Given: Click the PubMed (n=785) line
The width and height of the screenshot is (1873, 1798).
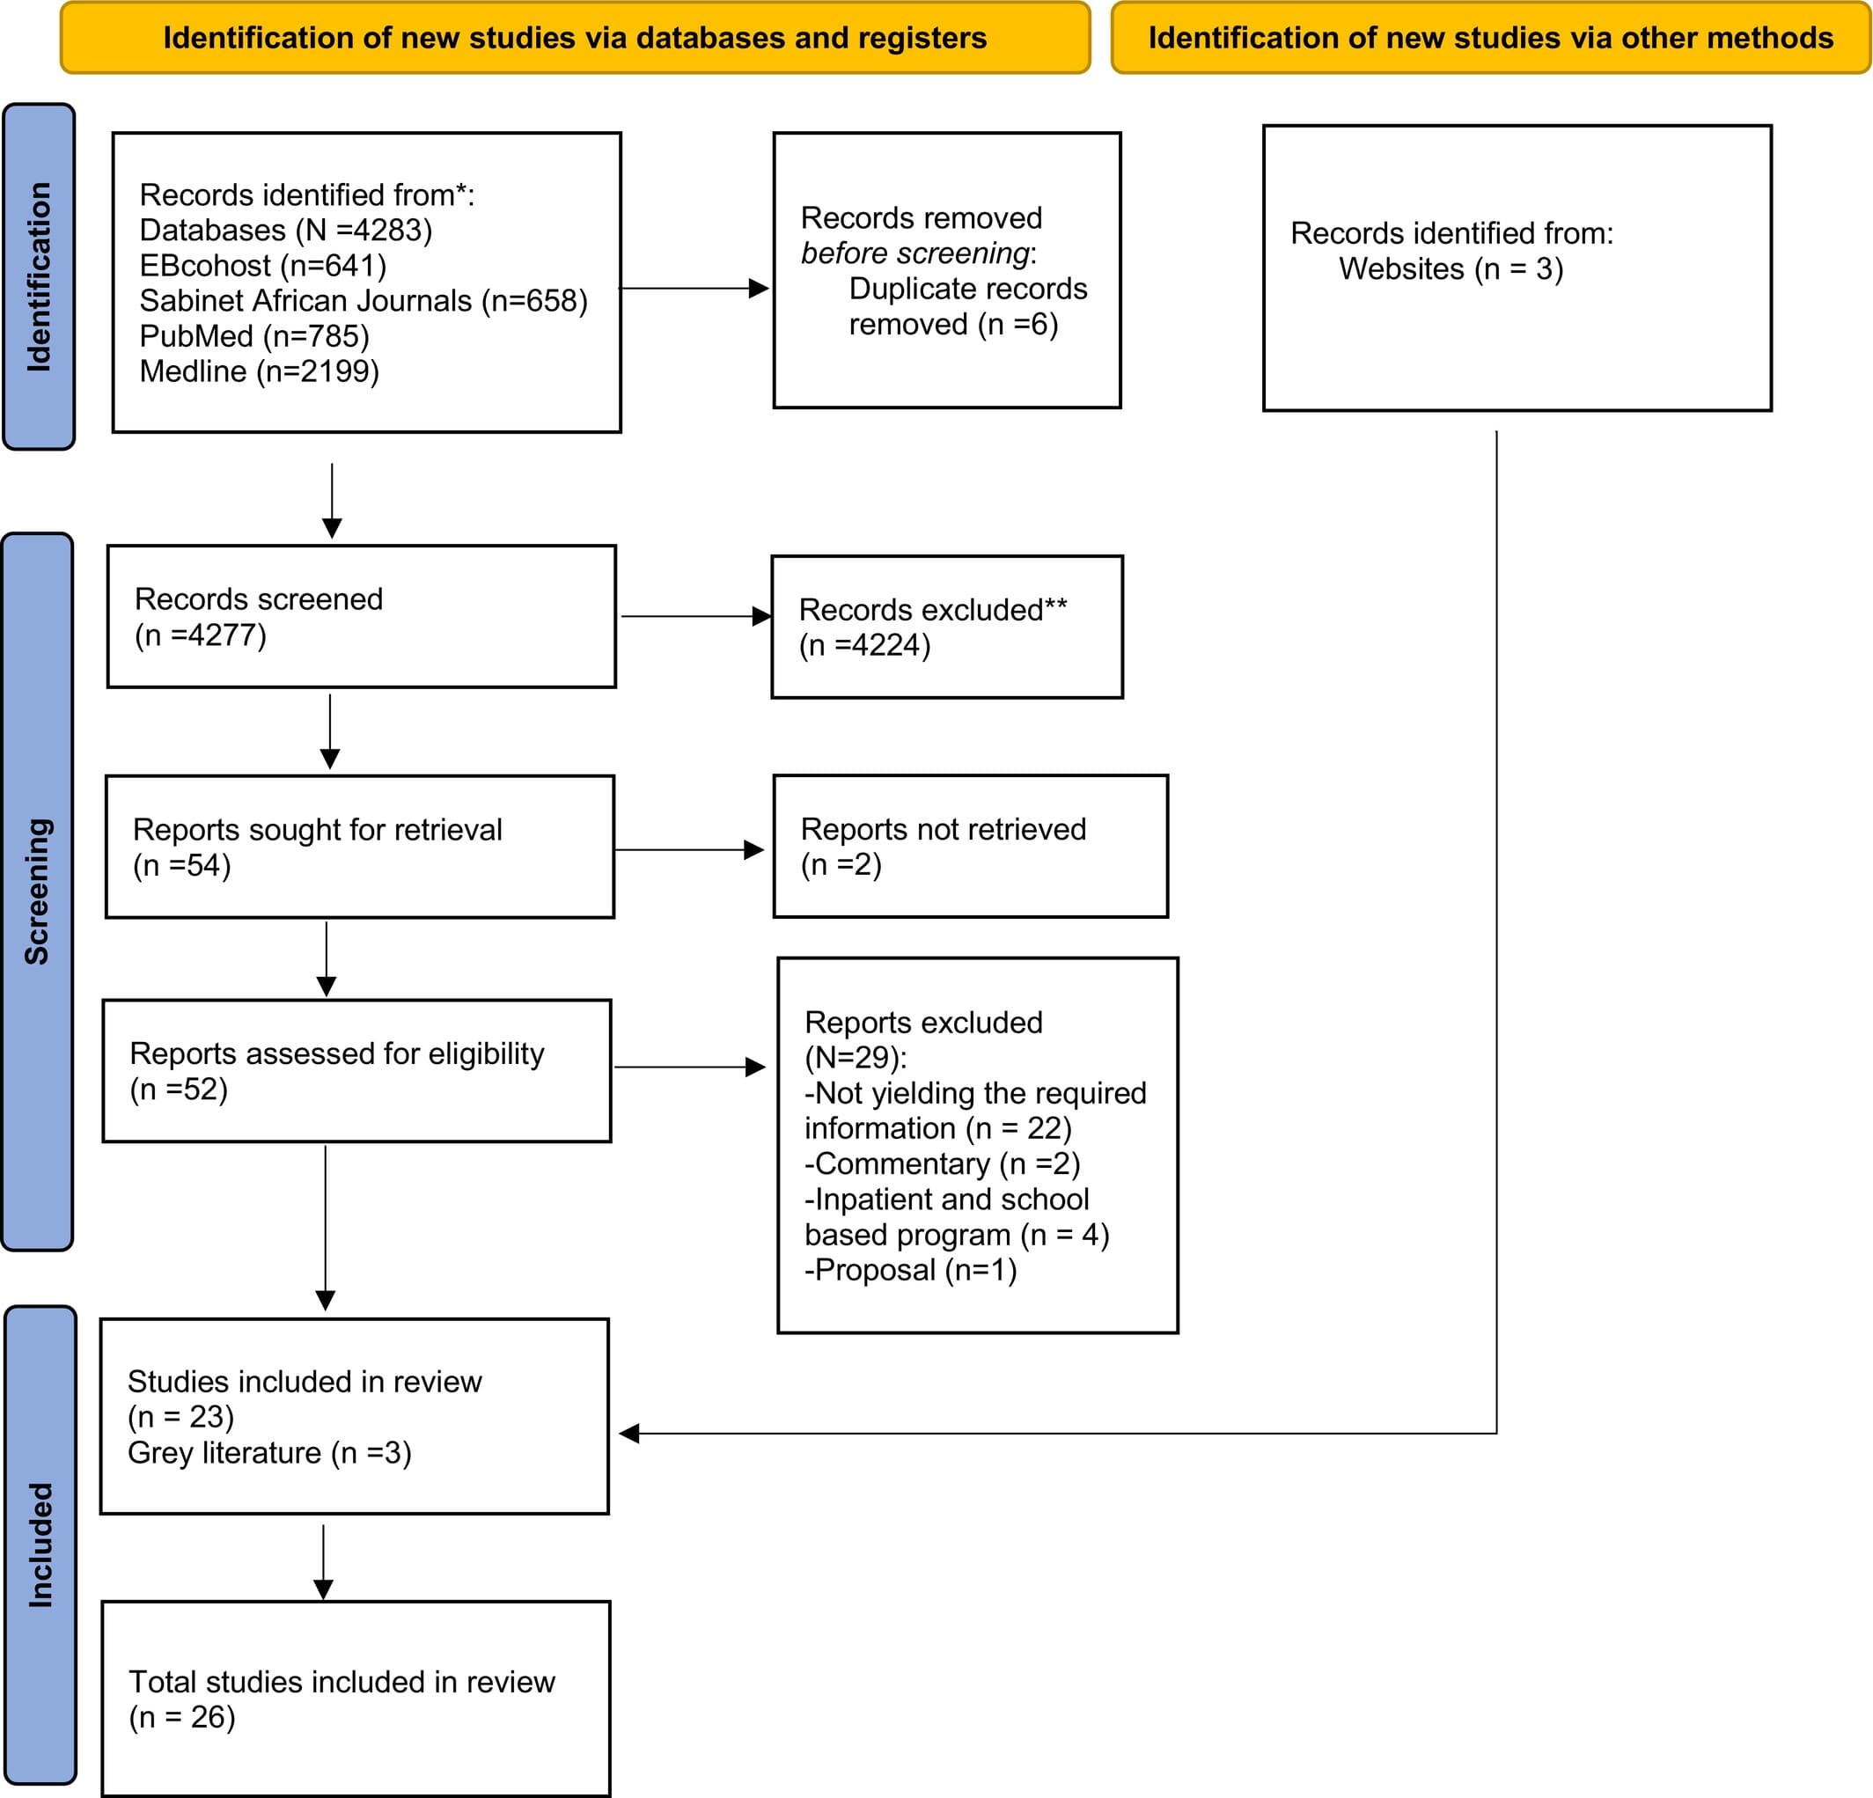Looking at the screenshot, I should click(254, 336).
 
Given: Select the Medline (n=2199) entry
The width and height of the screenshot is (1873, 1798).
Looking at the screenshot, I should click(259, 371).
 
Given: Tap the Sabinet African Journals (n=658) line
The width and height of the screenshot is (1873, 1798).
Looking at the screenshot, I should click(364, 301).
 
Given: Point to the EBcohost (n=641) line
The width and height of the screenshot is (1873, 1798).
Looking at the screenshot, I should click(263, 266).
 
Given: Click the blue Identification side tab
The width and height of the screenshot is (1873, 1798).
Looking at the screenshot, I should click(40, 277).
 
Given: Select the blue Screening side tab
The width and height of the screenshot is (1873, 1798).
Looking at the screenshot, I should click(37, 892).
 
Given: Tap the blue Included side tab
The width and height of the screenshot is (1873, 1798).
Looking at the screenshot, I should click(40, 1544).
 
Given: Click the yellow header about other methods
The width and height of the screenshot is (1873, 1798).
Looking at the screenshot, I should click(1490, 38).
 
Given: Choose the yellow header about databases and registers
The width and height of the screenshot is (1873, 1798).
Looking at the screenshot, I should click(575, 38).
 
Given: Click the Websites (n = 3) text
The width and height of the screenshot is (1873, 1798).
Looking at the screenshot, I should click(1450, 269).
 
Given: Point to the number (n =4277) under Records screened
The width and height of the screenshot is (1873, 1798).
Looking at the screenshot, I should click(201, 635).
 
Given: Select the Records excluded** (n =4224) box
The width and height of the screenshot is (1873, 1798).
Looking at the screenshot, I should click(946, 627).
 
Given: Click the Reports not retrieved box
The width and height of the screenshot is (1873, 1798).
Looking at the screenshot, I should click(969, 847).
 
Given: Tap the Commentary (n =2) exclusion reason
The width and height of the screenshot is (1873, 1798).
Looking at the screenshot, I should click(943, 1163).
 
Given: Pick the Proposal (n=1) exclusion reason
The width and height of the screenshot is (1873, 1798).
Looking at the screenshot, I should click(911, 1270).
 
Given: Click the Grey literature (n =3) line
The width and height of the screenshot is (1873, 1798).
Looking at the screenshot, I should click(269, 1452).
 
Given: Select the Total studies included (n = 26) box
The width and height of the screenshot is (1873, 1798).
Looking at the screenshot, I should click(356, 1699).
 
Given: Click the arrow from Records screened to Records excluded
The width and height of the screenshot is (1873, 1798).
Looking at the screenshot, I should click(693, 616).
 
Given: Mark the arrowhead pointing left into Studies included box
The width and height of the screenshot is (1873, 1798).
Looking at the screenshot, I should click(628, 1433).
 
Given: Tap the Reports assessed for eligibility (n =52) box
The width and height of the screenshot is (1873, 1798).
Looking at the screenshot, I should click(356, 1071).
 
